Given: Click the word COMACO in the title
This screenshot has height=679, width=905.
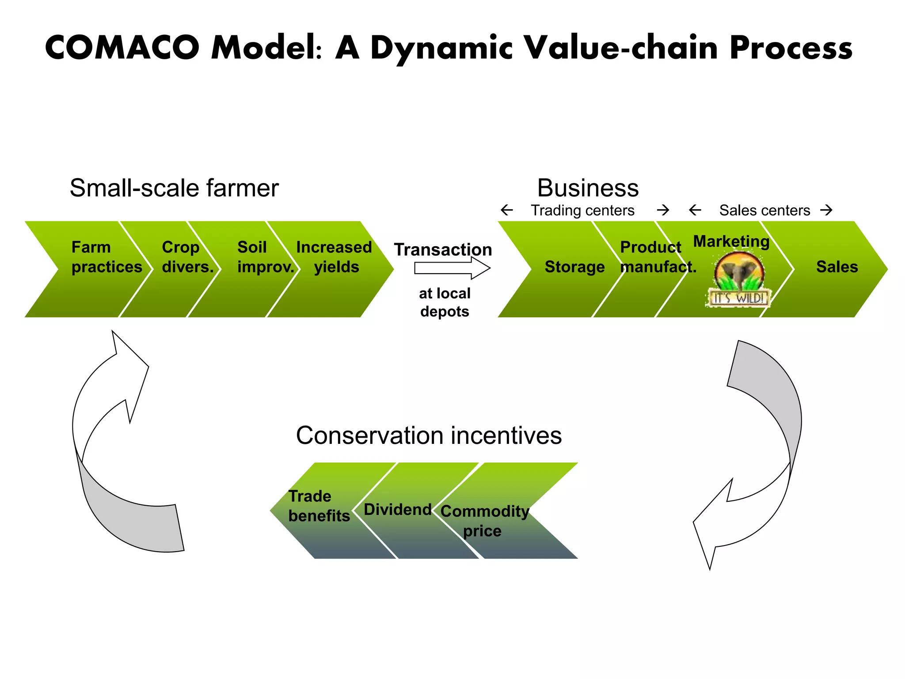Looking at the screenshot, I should pyautogui.click(x=122, y=48).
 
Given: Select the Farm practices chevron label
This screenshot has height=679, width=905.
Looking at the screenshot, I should pyautogui.click(x=106, y=257).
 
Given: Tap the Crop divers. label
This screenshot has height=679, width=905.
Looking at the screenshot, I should pyautogui.click(x=187, y=257).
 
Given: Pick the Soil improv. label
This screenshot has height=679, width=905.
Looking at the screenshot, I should pyautogui.click(x=265, y=257).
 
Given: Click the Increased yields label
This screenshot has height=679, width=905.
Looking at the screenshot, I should pyautogui.click(x=334, y=257).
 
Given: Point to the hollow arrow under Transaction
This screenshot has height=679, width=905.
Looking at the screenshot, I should pyautogui.click(x=452, y=268).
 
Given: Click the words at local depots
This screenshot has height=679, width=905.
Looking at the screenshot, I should pyautogui.click(x=445, y=302).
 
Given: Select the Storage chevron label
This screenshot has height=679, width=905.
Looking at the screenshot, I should pyautogui.click(x=574, y=267).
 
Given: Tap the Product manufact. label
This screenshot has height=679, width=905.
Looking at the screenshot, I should pyautogui.click(x=658, y=257).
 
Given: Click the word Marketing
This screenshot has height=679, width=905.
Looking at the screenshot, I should pyautogui.click(x=731, y=241).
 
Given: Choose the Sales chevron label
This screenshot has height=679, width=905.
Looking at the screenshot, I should pyautogui.click(x=837, y=267).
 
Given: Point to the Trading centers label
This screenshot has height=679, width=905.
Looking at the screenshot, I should pyautogui.click(x=582, y=210).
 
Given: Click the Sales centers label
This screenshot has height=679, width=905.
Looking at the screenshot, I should pyautogui.click(x=764, y=210).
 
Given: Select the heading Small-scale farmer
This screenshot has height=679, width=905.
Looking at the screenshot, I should pyautogui.click(x=174, y=188).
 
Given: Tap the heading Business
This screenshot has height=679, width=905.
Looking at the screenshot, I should pyautogui.click(x=588, y=188).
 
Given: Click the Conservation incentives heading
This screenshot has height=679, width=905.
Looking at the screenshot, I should pyautogui.click(x=429, y=436).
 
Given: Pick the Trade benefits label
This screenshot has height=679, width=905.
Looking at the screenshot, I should pyautogui.click(x=318, y=506).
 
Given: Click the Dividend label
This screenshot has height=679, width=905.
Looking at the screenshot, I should pyautogui.click(x=397, y=510).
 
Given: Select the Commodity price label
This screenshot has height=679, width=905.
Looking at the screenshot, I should pyautogui.click(x=484, y=521).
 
